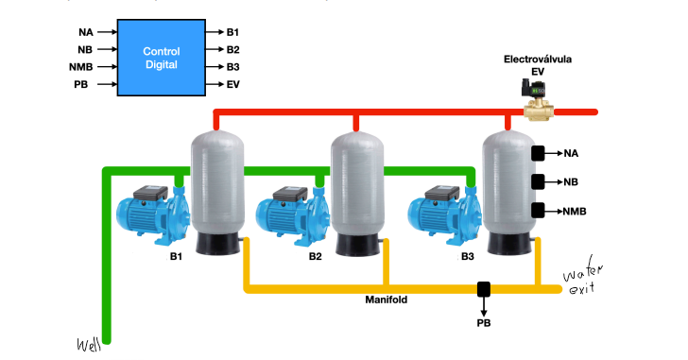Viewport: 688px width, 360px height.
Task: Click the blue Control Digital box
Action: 161,58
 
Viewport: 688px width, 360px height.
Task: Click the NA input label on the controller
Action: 85,32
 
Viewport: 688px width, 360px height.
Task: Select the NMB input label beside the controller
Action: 81,67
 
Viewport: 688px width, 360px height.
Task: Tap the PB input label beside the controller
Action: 82,85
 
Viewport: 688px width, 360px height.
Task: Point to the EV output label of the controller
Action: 233,85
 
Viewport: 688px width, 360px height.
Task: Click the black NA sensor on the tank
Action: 538,153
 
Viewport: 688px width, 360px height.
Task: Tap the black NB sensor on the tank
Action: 538,181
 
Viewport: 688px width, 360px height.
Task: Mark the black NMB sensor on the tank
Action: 538,211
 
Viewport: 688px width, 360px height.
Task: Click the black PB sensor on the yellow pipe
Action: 484,288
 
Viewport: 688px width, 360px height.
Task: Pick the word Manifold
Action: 387,300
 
